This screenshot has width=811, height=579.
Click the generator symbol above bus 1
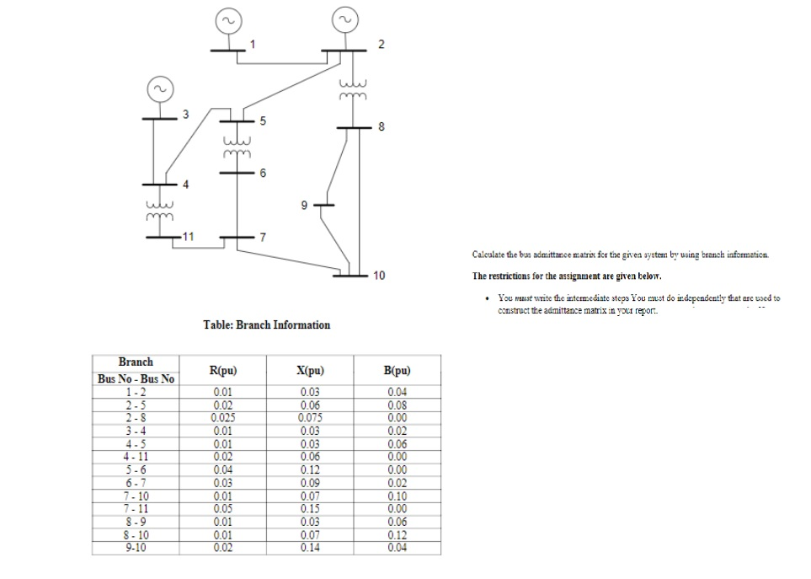[x=228, y=19]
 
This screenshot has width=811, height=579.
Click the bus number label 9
[x=307, y=204]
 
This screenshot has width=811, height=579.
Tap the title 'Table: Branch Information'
[x=267, y=324]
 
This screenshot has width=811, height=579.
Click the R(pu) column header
[x=222, y=370]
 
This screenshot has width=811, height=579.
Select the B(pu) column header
[x=396, y=370]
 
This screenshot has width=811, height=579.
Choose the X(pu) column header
[x=312, y=370]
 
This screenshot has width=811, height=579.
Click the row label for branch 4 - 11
[x=136, y=458]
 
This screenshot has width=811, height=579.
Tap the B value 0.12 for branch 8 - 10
[x=396, y=535]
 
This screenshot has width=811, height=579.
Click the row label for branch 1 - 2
[x=136, y=392]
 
